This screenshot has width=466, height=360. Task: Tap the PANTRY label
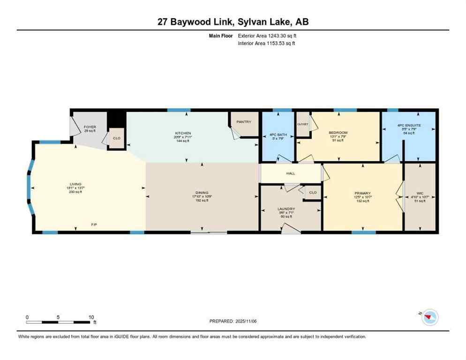[x=244, y=122]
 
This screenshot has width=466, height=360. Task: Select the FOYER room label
[x=90, y=127]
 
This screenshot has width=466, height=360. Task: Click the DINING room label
[x=202, y=192]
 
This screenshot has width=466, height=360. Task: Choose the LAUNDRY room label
[x=286, y=209]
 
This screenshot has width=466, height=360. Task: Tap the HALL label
[x=291, y=173]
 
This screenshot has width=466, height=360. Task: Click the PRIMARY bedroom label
[x=362, y=193]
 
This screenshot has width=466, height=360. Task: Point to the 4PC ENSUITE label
[x=409, y=126]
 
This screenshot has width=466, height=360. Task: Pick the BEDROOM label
[x=338, y=133]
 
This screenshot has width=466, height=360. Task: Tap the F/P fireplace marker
[x=94, y=225]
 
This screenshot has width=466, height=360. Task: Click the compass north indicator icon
[x=428, y=318]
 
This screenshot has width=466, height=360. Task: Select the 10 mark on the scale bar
[x=91, y=317]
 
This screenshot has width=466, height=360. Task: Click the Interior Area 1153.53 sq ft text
[x=267, y=43]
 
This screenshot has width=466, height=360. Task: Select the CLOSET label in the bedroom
[x=302, y=124]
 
